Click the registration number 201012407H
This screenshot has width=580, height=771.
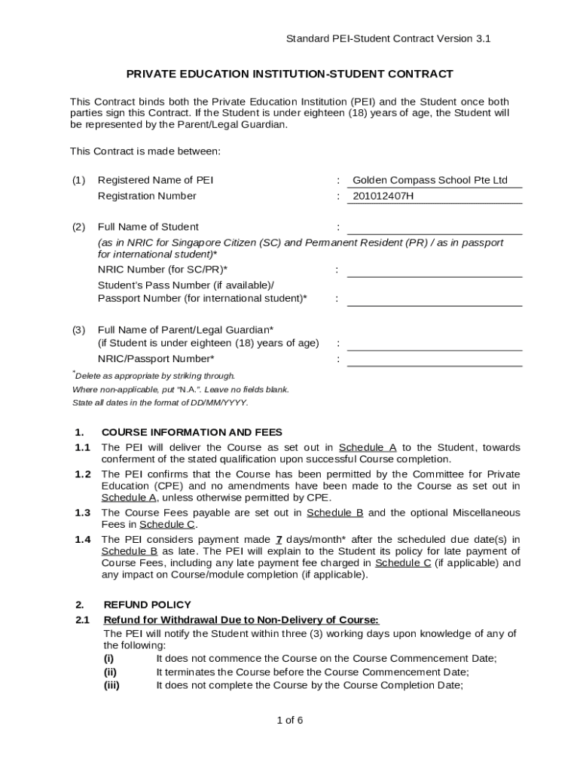coord(383,197)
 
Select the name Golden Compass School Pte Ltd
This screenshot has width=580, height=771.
coord(430,181)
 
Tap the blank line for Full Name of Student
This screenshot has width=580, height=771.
coord(434,228)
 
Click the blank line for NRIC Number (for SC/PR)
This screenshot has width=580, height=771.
coord(434,271)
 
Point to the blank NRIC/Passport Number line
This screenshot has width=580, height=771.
coord(434,360)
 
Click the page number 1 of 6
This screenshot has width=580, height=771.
coord(290,720)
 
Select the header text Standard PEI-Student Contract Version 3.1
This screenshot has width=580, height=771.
coord(389,38)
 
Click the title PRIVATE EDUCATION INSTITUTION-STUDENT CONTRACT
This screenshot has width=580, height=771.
coord(289,74)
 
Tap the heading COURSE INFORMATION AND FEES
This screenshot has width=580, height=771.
coord(192,432)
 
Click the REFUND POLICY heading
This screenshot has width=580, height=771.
coord(147,605)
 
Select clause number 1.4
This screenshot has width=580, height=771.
coord(83,540)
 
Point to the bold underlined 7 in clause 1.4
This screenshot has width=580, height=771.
coord(279,540)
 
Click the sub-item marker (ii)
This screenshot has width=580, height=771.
coord(110,672)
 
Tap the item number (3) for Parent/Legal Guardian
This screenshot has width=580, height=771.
coord(79,330)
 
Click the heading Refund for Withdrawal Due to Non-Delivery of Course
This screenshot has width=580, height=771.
coord(241,620)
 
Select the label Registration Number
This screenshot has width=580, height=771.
coord(147,197)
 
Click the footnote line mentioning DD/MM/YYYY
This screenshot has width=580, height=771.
coord(160,403)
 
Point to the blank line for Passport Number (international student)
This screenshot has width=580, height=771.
coord(434,300)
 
